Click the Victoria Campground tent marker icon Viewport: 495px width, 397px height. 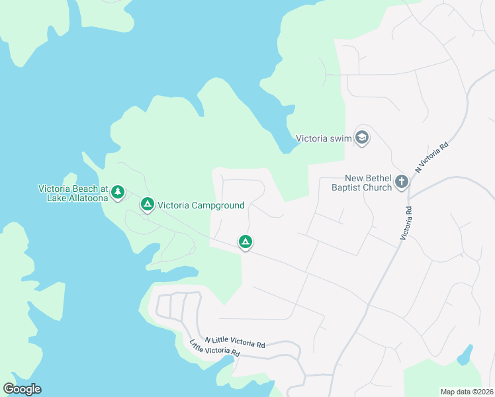147,204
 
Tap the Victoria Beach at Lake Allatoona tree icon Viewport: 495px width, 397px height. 118,192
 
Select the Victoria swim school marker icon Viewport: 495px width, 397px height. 361,138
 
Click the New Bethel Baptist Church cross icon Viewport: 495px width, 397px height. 401,181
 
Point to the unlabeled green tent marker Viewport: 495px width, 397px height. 246,242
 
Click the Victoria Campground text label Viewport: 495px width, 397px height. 201,205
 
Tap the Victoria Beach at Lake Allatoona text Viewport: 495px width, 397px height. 72,193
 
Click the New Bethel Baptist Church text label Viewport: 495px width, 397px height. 367,182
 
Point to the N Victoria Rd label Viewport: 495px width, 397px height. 432,157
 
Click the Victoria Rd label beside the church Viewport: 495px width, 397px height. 407,222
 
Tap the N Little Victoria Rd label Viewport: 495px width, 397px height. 235,342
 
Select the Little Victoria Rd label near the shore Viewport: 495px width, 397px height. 214,349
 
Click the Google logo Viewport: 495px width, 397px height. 22,389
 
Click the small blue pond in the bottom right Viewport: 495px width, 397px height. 465,355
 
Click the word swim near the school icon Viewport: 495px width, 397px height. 339,139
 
